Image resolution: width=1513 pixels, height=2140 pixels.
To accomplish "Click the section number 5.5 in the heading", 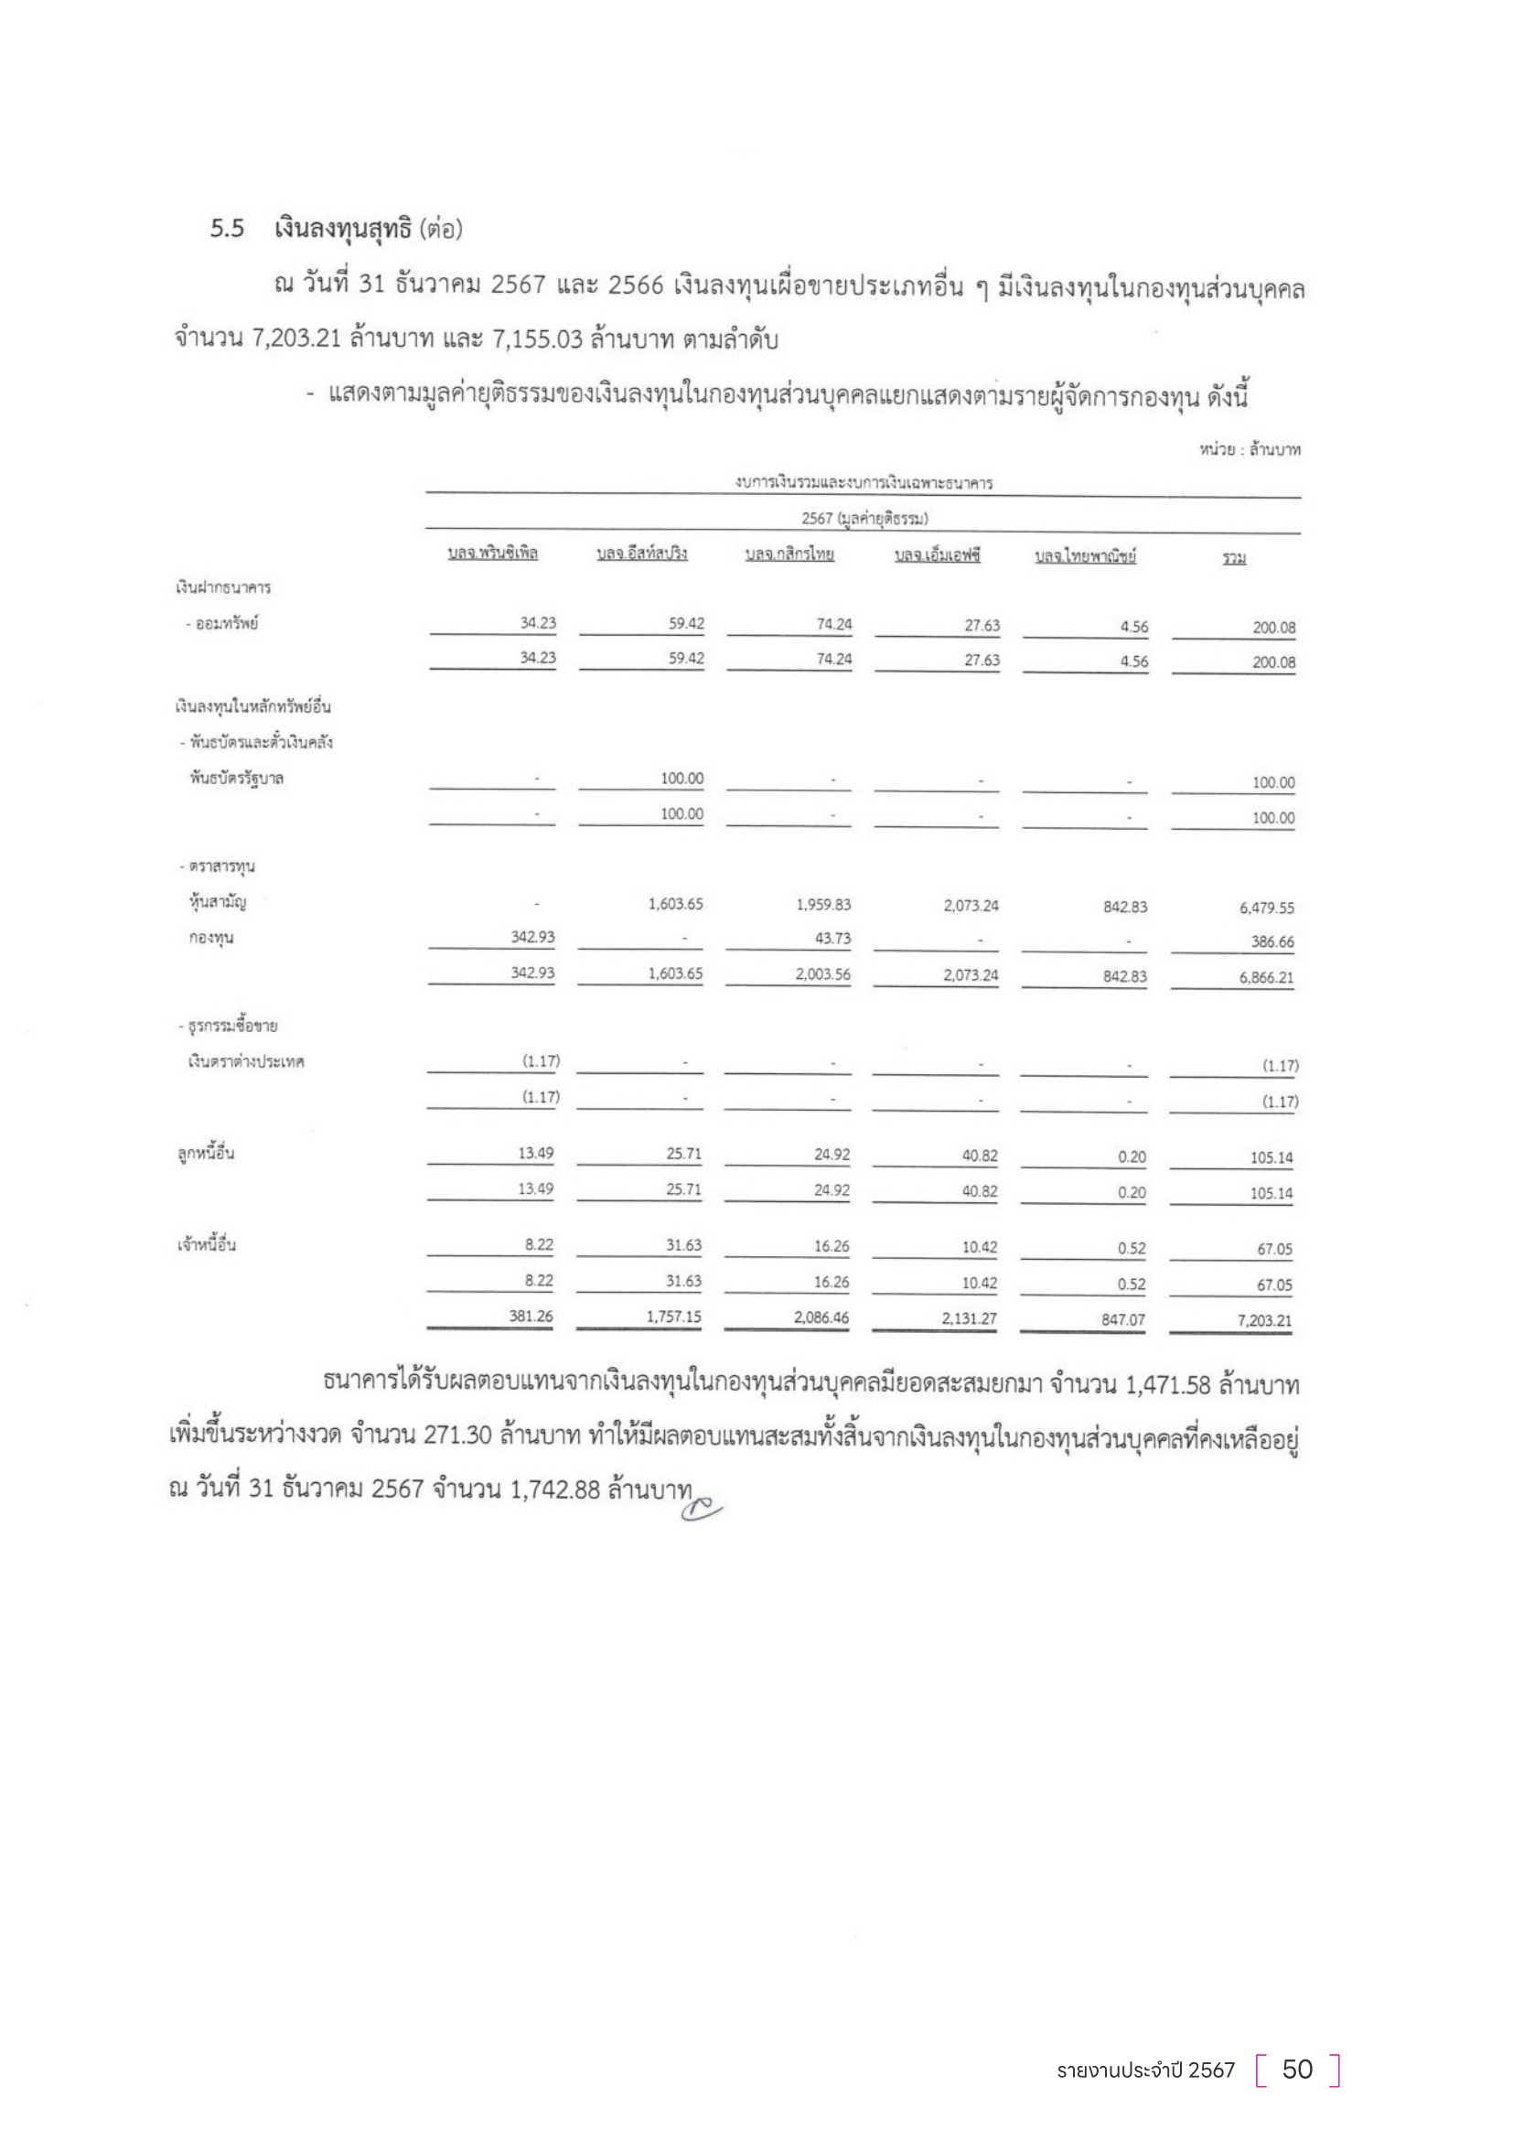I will tap(228, 229).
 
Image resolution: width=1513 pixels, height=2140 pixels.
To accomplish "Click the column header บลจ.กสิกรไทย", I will tap(789, 554).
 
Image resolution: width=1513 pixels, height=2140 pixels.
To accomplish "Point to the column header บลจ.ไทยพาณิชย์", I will tap(1086, 556).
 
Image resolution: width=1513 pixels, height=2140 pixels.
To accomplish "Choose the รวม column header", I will tap(1234, 558).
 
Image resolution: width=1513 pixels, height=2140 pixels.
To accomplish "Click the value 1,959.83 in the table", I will tap(822, 905).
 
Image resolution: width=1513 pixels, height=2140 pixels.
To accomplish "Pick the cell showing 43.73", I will tap(832, 939).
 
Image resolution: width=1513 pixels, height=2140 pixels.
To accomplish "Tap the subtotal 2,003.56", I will tap(822, 975).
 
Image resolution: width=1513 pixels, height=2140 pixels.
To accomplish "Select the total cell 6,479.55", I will tap(1266, 908).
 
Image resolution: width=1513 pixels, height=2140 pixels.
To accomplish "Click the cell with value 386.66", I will tap(1272, 942).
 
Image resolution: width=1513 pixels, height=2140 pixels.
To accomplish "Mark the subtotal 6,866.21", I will tap(1266, 979).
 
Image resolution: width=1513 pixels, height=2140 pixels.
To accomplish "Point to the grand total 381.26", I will tap(531, 1316).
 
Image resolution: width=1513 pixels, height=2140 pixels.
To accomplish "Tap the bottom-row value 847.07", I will tap(1122, 1320).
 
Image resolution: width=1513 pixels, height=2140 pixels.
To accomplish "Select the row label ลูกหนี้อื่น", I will tap(206, 1154).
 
